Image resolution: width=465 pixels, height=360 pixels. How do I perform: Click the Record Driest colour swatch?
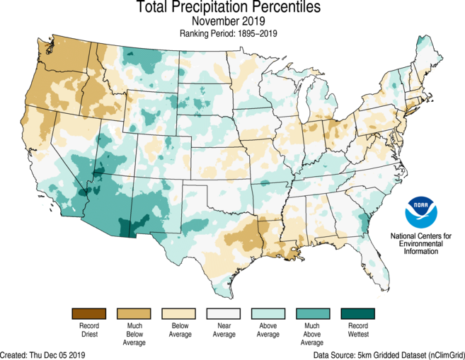(88, 313)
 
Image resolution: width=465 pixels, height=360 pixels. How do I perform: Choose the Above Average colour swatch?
(268, 313)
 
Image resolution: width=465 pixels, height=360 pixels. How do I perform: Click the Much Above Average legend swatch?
(313, 313)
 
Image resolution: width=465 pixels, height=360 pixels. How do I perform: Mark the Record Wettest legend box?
(358, 313)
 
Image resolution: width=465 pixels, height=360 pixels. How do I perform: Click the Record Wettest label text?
(358, 330)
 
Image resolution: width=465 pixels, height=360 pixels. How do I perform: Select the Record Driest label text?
(88, 330)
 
